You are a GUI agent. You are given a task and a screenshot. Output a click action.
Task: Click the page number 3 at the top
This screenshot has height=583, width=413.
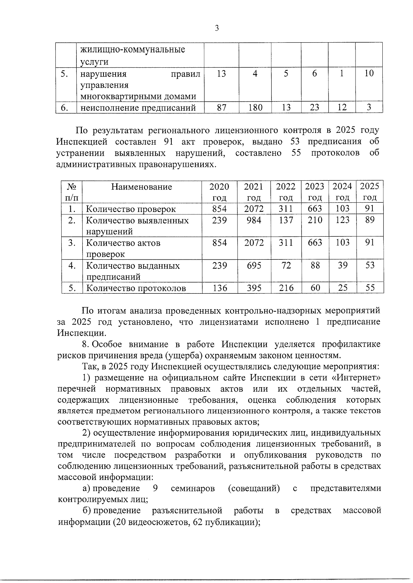coord(216,28)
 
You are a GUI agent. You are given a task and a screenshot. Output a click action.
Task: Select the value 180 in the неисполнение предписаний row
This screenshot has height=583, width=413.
coord(255,108)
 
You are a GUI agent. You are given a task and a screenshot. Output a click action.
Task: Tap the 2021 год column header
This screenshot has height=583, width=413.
coord(254,192)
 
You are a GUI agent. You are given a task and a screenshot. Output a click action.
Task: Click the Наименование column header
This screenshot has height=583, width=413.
coord(141,187)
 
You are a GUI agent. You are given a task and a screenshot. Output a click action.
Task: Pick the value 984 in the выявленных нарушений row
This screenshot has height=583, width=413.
coord(254,220)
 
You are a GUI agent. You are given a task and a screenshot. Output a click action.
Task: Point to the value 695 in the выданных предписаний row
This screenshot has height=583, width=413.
coord(254,265)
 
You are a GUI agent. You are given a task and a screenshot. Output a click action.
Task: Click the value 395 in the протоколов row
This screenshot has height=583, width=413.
coord(254,288)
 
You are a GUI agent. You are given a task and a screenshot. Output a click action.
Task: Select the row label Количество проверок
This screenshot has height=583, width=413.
coord(131,209)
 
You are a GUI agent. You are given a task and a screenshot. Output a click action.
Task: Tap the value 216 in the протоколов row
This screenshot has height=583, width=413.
coord(286,288)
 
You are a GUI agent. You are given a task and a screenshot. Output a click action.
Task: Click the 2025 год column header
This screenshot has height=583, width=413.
coord(369,192)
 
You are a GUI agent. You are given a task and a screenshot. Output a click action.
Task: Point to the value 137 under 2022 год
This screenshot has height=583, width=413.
coord(286,220)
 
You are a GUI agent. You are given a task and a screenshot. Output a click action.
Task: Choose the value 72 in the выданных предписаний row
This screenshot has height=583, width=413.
coord(286,265)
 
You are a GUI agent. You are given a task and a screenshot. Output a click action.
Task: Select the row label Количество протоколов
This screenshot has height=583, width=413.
coord(136,288)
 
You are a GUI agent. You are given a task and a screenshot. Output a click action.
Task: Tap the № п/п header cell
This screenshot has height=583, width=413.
coord(72,192)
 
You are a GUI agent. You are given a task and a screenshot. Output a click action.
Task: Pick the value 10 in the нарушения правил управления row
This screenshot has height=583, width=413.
coord(369,73)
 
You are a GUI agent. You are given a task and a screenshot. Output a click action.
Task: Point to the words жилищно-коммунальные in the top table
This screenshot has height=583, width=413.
coord(133,49)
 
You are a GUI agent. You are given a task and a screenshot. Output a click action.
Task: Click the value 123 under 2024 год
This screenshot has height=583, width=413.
coord(342,220)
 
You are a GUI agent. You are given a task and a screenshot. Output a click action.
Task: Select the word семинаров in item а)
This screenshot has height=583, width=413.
coord(193,489)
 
